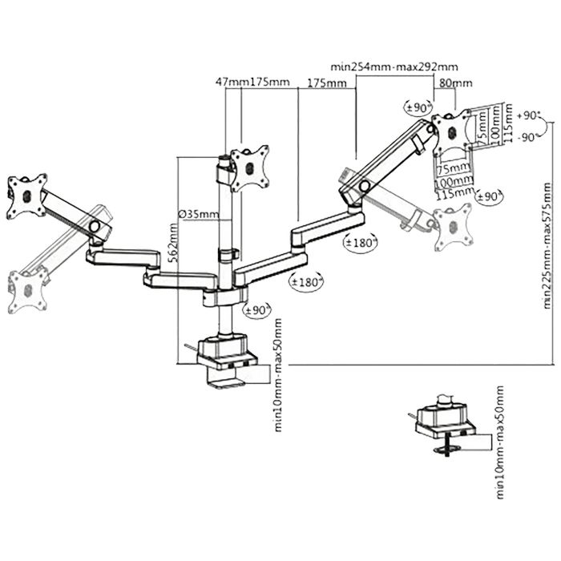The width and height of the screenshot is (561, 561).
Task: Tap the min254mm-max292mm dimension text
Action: pyautogui.click(x=394, y=67)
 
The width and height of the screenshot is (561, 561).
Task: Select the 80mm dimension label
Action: pyautogui.click(x=455, y=83)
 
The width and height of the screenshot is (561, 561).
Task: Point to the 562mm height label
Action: pyautogui.click(x=172, y=243)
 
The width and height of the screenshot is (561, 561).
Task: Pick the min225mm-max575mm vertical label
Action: pyautogui.click(x=547, y=245)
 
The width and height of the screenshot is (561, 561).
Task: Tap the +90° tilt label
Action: pyautogui.click(x=529, y=115)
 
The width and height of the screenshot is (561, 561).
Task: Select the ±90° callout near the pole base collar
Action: pyautogui.click(x=257, y=310)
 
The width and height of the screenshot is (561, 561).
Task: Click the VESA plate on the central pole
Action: pyautogui.click(x=250, y=167)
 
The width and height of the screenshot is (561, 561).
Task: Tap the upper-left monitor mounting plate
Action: pyautogui.click(x=27, y=196)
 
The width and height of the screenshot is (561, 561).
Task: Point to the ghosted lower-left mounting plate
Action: pyautogui.click(x=27, y=290)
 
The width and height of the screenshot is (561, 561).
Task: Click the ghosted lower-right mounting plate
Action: pyautogui.click(x=453, y=227)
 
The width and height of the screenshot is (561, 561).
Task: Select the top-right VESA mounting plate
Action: pyautogui.click(x=451, y=133)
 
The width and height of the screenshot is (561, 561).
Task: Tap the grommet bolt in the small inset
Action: pyautogui.click(x=447, y=446)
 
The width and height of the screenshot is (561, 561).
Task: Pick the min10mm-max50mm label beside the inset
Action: pyautogui.click(x=499, y=442)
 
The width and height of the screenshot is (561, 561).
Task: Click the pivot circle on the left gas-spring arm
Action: pyautogui.click(x=95, y=226)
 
